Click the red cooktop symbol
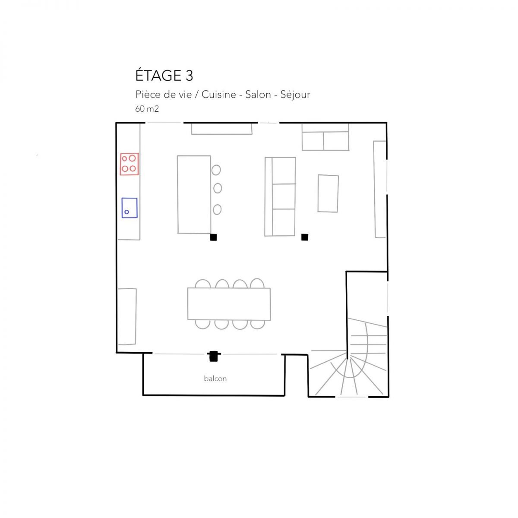[129, 164]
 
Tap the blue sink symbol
[129, 208]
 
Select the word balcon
[215, 379]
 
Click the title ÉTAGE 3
[164, 76]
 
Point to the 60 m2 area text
[147, 109]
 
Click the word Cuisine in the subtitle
[218, 95]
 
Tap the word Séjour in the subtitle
[295, 95]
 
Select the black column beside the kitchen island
[213, 237]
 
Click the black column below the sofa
[305, 237]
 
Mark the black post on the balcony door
[213, 356]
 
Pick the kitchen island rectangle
[194, 195]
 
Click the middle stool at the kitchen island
[218, 188]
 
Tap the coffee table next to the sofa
[328, 193]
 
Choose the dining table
[229, 304]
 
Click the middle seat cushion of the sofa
[284, 196]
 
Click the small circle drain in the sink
[126, 212]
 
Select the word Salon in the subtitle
[258, 95]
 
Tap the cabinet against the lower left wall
[127, 316]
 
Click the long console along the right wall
[380, 189]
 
